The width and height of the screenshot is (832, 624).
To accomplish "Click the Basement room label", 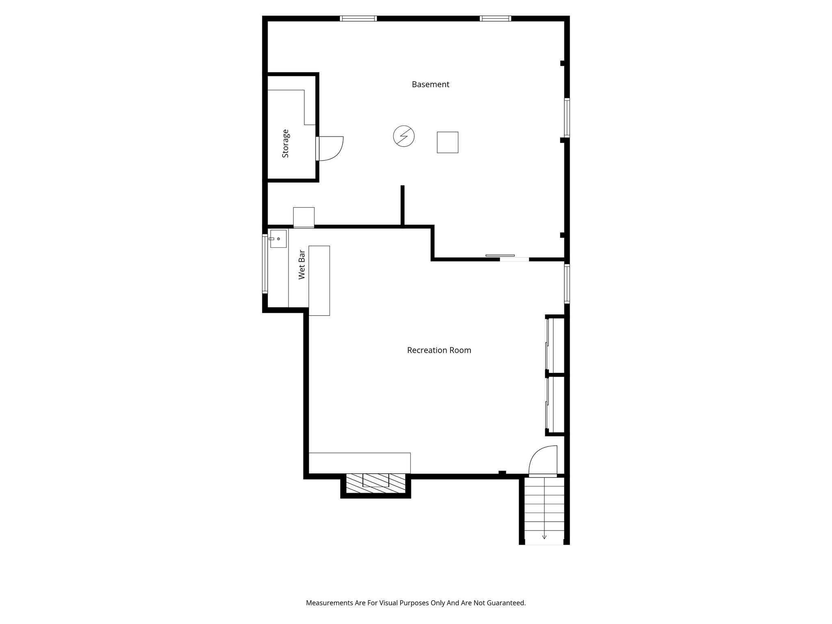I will click(430, 84).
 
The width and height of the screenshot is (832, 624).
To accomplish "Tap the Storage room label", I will click(286, 143).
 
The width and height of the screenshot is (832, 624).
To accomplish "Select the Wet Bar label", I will click(302, 264).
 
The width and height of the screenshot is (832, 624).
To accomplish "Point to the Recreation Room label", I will click(439, 350).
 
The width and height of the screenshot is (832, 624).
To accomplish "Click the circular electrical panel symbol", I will click(404, 136).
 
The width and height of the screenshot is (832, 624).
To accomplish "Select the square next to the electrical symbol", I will click(447, 142).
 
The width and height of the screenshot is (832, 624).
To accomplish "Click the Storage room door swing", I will click(331, 148).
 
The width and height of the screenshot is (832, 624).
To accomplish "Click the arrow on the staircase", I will click(544, 537).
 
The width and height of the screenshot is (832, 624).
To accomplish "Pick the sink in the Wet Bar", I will click(278, 239).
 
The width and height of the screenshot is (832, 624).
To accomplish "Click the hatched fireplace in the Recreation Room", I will click(376, 483).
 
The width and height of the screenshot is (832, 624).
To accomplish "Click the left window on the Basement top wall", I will click(358, 18).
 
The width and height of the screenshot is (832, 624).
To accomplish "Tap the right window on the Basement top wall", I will click(495, 18).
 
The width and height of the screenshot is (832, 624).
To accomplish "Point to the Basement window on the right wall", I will click(567, 117).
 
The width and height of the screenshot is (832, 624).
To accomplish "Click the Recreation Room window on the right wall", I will click(567, 284).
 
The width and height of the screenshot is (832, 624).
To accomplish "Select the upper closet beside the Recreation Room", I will click(556, 345).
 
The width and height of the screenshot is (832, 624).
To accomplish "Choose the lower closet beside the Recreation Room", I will click(556, 405).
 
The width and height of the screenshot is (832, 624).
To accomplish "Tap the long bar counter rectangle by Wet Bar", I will click(319, 280).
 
